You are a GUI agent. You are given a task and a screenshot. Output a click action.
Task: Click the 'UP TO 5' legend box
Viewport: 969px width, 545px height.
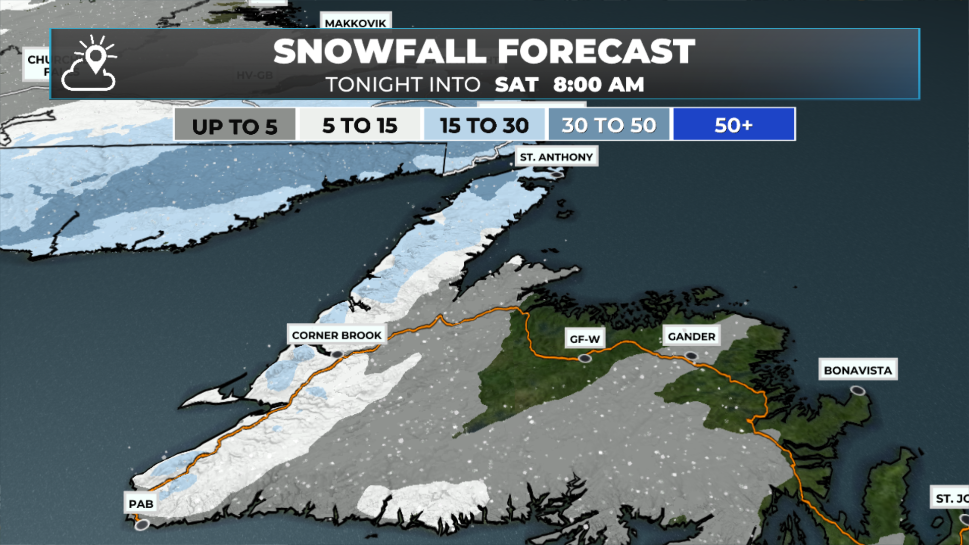tap(235, 125)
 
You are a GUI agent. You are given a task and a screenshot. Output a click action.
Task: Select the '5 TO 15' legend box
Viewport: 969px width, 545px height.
tap(360, 125)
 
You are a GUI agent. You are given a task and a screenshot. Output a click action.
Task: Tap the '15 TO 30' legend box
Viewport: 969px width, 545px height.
tap(484, 125)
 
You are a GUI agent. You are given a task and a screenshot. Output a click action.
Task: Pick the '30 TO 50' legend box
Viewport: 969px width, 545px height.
tap(609, 125)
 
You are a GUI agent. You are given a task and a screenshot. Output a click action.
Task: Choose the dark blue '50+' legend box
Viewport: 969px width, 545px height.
tap(734, 125)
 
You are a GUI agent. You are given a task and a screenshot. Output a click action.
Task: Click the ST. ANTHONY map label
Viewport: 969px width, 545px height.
tap(556, 157)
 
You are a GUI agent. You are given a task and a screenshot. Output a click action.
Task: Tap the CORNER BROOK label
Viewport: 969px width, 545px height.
tap(337, 335)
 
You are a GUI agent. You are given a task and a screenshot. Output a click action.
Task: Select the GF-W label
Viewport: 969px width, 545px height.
tap(584, 339)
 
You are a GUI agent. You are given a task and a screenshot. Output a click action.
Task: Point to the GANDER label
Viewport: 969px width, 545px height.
tap(691, 337)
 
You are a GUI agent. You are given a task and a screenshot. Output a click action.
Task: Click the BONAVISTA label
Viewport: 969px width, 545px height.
tap(857, 370)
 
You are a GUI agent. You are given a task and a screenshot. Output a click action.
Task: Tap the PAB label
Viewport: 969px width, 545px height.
tap(141, 504)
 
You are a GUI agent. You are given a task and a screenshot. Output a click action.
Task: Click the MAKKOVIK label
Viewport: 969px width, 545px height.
tap(355, 23)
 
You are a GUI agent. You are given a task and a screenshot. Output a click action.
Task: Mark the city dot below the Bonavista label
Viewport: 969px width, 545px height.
tap(857, 390)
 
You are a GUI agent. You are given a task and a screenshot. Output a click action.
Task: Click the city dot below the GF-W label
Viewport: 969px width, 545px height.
tap(584, 358)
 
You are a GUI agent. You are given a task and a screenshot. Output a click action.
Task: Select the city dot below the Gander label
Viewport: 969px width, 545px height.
tap(691, 356)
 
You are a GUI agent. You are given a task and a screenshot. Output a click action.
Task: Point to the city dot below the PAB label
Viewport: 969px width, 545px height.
tap(142, 525)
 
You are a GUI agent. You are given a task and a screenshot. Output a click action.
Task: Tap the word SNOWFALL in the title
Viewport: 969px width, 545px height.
tap(380, 51)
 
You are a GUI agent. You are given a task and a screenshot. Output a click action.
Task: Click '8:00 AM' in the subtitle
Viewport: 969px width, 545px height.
tap(599, 84)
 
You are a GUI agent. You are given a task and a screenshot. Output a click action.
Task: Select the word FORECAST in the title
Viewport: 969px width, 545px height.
tap(596, 51)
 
